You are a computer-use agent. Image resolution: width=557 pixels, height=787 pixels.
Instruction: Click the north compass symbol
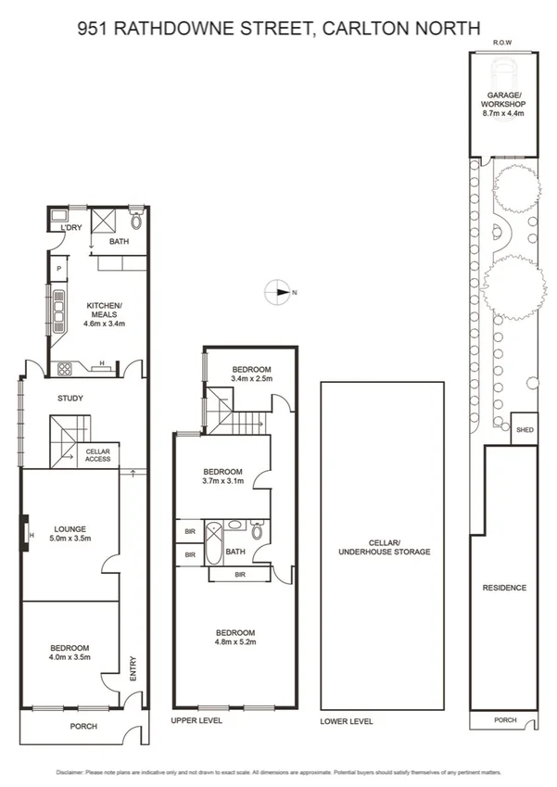coord(280,292)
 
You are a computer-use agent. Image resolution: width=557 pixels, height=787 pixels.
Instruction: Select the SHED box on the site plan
coord(525,430)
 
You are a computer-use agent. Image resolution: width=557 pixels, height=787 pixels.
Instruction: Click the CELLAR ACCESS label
coord(98,454)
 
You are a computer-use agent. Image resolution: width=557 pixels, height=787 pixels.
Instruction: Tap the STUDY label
coord(70,399)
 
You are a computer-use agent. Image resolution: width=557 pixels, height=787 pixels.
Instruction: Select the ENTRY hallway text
coord(133,669)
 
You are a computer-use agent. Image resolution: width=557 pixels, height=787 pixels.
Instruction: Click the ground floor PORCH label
coord(83,727)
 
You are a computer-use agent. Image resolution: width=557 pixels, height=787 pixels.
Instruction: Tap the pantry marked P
coord(58,269)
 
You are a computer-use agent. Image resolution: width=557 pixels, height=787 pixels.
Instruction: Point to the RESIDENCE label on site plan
coord(503,588)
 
